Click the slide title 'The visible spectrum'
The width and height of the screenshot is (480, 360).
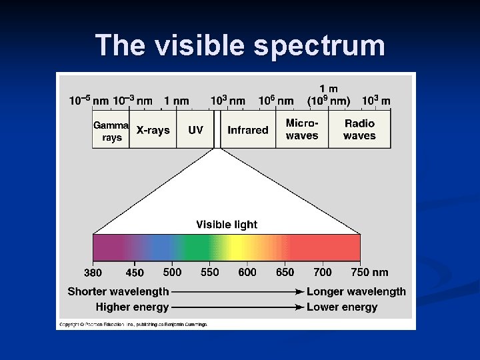tap(240, 45)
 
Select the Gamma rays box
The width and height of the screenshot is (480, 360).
tap(111, 130)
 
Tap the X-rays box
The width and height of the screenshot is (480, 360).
tap(153, 130)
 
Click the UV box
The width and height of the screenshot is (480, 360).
tap(195, 130)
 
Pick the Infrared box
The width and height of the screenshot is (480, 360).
tap(247, 130)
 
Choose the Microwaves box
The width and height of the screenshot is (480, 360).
tap(302, 129)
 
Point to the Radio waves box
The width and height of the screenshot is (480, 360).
tap(359, 129)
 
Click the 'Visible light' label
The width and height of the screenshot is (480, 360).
tap(227, 225)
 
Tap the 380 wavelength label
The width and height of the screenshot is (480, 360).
tap(93, 273)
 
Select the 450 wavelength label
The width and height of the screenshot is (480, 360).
tap(135, 273)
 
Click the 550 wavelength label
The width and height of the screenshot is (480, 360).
tap(210, 272)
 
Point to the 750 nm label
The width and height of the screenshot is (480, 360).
tap(369, 272)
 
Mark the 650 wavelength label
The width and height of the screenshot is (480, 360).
tap(285, 272)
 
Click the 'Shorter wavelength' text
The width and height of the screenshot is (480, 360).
tap(118, 291)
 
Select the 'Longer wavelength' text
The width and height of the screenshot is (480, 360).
tap(356, 291)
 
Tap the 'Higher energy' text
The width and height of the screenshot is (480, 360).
tap(132, 307)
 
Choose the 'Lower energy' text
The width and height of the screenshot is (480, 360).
tap(342, 307)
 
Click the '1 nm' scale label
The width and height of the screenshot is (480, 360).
tap(177, 101)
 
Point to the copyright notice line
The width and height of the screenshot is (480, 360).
tap(133, 324)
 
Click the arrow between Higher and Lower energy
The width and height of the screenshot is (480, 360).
tap(237, 307)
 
